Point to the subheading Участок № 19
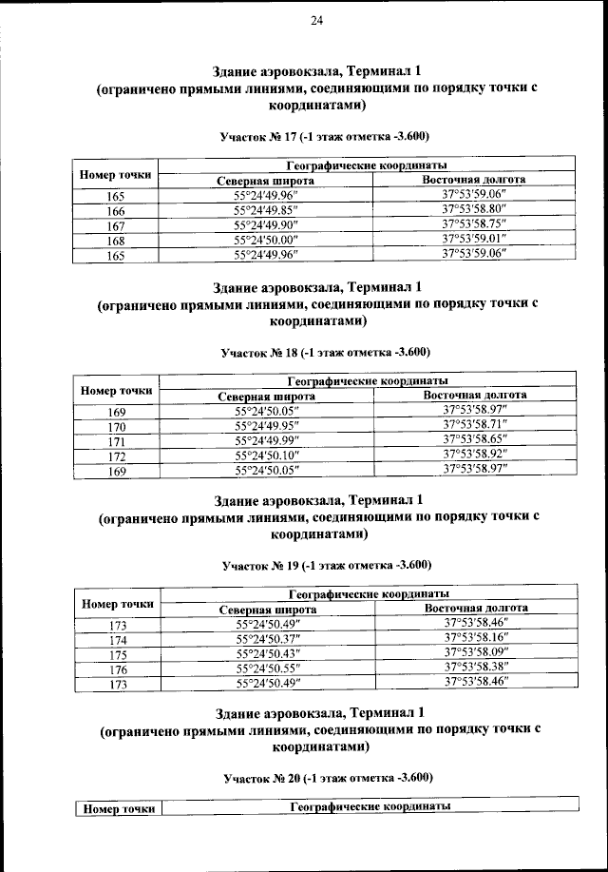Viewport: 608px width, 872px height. pos(317,565)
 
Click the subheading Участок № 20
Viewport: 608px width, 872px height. pos(318,778)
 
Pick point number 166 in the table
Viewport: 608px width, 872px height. pos(117,210)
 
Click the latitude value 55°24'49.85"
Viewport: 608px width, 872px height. pos(266,210)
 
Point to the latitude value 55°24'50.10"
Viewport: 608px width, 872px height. pos(267,455)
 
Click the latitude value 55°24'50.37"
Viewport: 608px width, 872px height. pos(268,639)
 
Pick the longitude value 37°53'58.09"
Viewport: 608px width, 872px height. pos(477,653)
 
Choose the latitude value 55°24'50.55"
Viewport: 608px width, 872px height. pos(268,669)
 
